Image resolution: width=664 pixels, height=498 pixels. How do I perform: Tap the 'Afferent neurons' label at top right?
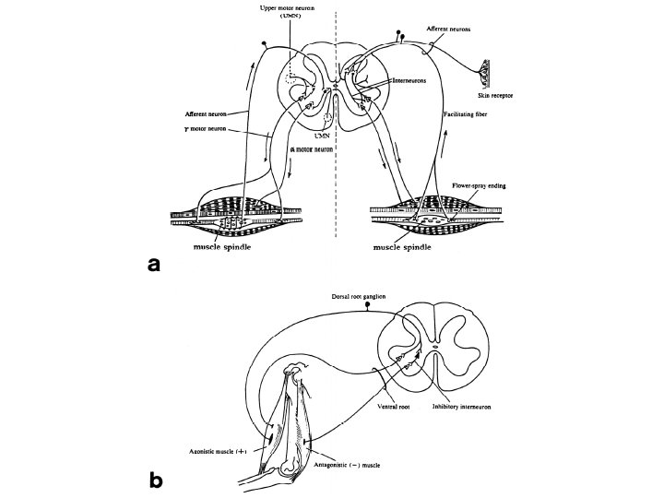(x=448, y=30)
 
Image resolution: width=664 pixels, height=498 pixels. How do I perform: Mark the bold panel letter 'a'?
(x=155, y=266)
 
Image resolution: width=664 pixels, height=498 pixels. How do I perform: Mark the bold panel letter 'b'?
(x=156, y=480)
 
